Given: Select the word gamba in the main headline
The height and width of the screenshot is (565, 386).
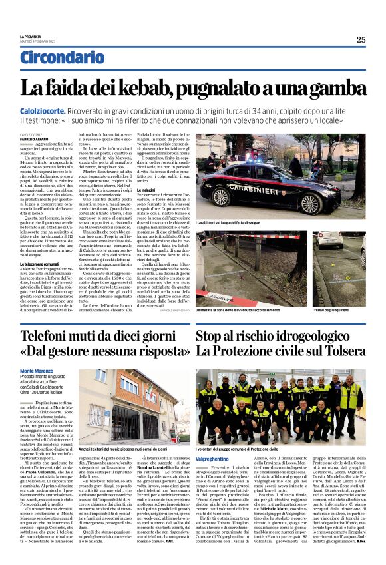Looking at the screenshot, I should (x=331, y=87).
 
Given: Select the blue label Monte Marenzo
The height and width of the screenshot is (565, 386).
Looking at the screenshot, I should (x=36, y=369).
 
